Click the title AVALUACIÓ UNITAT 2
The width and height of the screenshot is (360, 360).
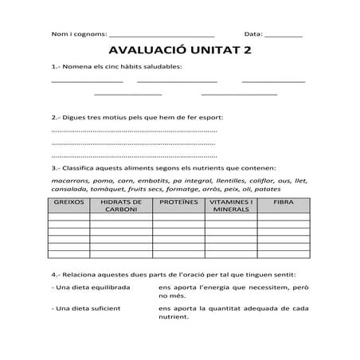pos(179,50)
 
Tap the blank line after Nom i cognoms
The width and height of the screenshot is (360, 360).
pos(161,35)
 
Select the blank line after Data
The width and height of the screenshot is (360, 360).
pos(283,35)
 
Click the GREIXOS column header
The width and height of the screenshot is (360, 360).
pos(68,203)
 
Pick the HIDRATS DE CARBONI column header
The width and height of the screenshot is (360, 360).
pos(121,206)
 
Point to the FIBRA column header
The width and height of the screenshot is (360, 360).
pos(283,203)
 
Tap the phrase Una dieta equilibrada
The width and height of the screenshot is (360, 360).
pos(90,285)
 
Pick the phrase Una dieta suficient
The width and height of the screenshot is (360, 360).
pos(86,307)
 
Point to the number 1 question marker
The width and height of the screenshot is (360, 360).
pos(54,66)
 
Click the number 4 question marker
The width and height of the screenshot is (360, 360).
pos(54,272)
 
